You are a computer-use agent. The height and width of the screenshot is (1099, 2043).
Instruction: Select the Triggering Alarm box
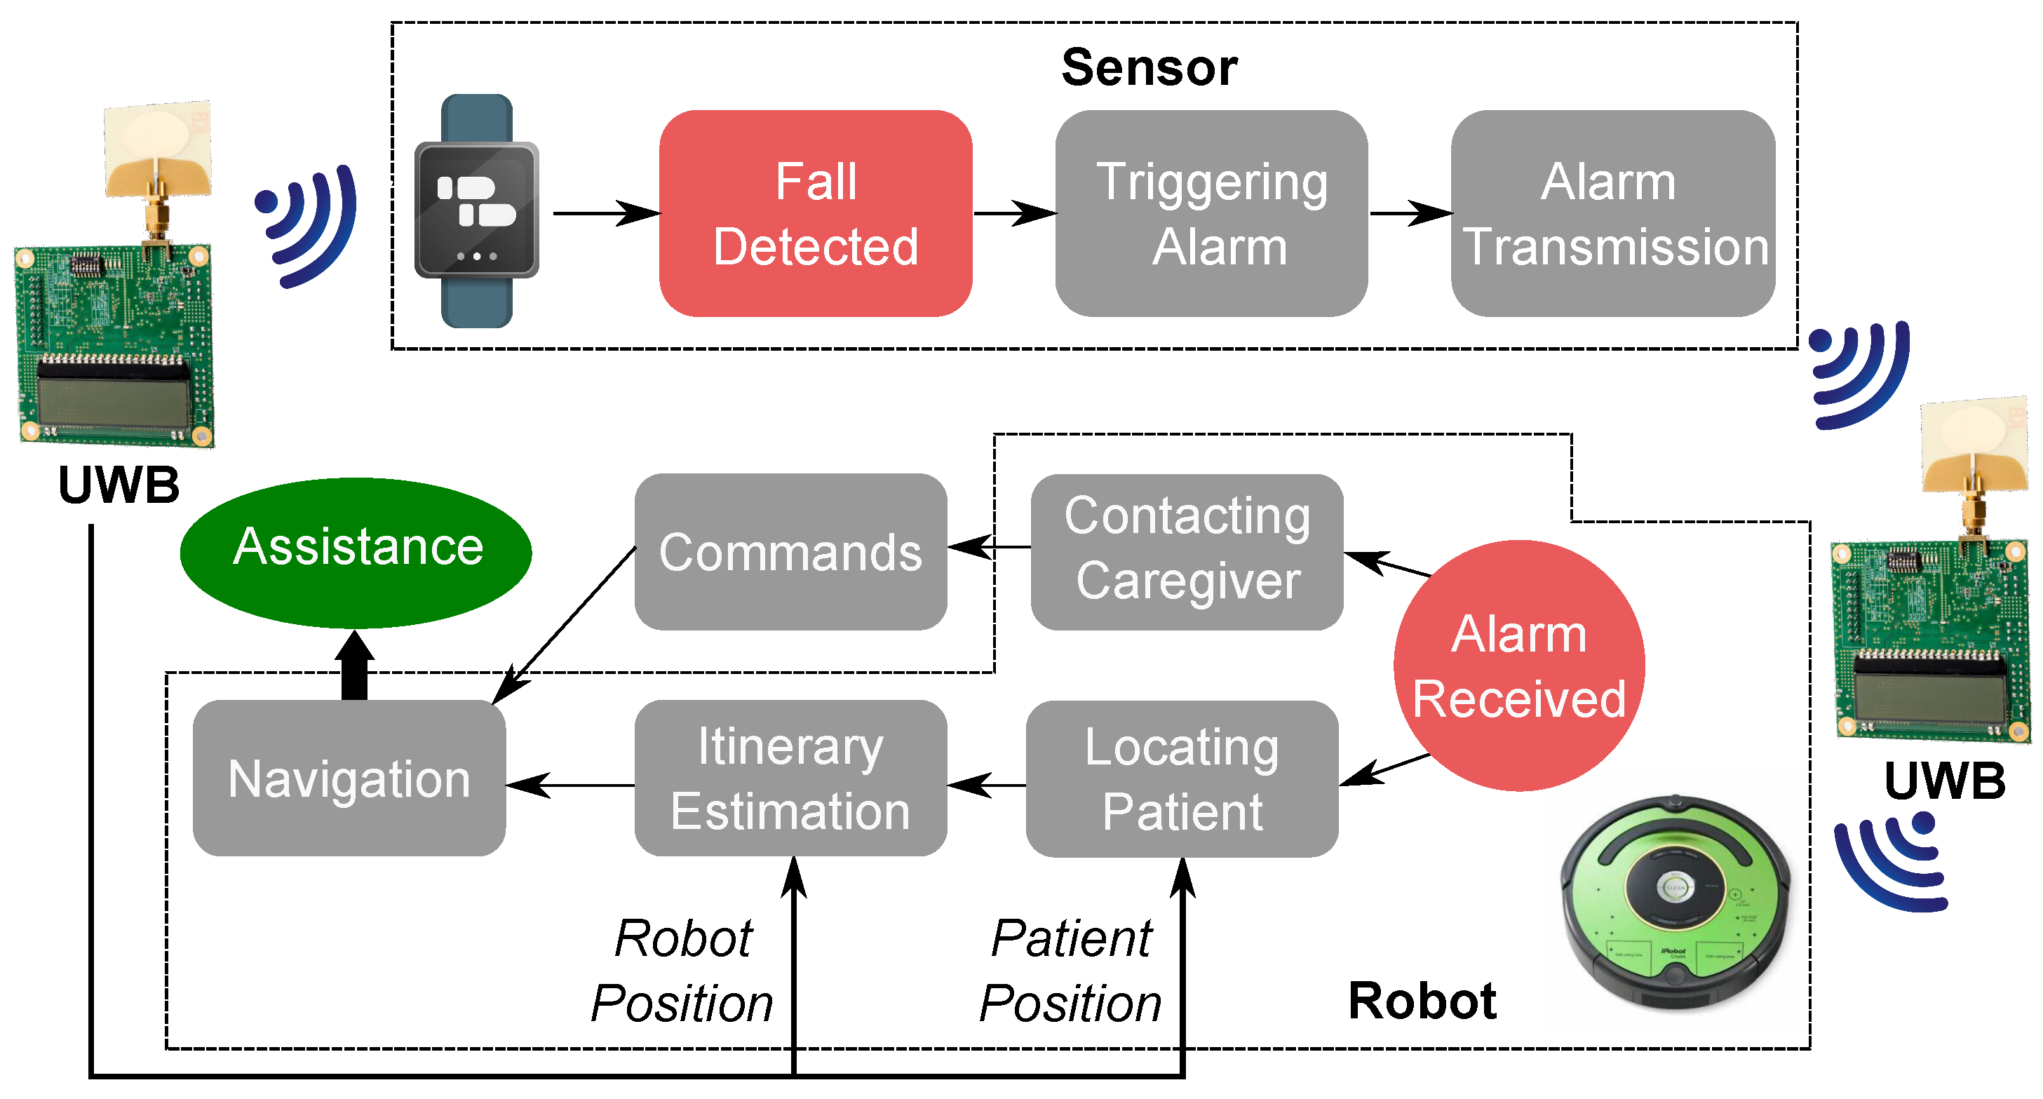(1211, 213)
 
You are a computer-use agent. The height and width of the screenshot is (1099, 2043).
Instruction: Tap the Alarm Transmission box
(1612, 213)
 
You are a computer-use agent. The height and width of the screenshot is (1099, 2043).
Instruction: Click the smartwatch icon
(477, 211)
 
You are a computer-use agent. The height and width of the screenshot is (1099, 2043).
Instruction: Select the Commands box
(790, 552)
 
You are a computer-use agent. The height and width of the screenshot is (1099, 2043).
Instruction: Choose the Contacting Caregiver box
(1187, 552)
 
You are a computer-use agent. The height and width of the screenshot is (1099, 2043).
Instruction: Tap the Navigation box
(349, 778)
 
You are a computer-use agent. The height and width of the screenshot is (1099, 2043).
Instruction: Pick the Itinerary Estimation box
(790, 778)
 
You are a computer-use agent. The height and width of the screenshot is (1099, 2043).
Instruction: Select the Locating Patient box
(1182, 778)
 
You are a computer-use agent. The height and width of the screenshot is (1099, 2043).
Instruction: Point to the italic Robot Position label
(682, 971)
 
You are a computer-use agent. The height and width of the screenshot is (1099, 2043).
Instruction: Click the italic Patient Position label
(1071, 971)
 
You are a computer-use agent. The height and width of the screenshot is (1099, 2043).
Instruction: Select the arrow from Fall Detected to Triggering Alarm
(1013, 213)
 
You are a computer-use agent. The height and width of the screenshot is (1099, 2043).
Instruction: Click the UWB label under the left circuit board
(119, 485)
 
